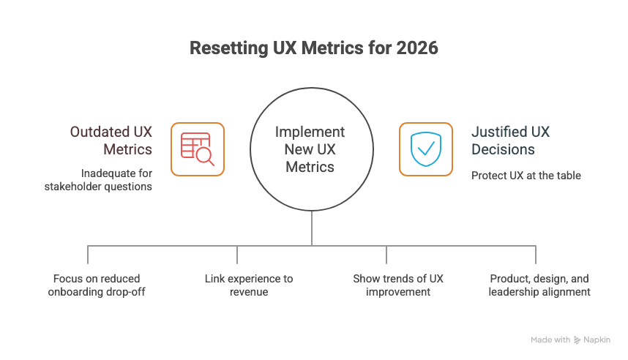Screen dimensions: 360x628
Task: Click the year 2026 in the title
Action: [417, 49]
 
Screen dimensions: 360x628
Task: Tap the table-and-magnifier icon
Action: [198, 149]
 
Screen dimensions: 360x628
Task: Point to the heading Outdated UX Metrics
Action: [111, 140]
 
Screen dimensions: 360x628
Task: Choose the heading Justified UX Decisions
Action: [510, 140]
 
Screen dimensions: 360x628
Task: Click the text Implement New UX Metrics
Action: [310, 149]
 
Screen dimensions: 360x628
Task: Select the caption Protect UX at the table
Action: [526, 176]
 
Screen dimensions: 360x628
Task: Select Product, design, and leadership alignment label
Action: [539, 285]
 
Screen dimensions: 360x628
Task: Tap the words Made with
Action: [550, 340]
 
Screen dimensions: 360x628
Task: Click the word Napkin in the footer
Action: [597, 340]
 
